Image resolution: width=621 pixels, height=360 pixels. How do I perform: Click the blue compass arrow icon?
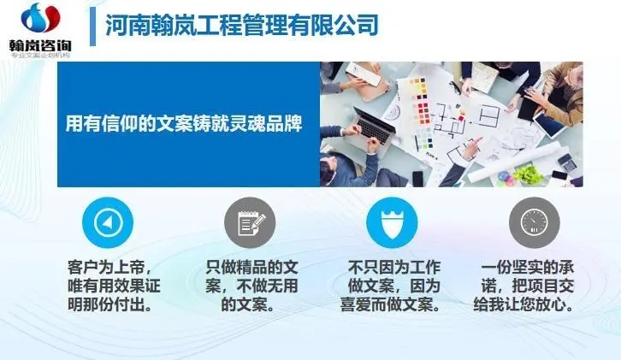click(107, 223)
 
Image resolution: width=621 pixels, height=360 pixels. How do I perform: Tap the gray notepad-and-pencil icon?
click(249, 223)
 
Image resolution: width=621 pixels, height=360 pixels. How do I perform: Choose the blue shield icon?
click(392, 223)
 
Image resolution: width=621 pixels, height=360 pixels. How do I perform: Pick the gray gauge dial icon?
click(534, 223)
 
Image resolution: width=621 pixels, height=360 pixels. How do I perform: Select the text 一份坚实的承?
click(535, 267)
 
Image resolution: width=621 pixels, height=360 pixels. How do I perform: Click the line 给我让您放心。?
click(535, 304)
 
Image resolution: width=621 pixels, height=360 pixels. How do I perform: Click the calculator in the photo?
click(566, 160)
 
